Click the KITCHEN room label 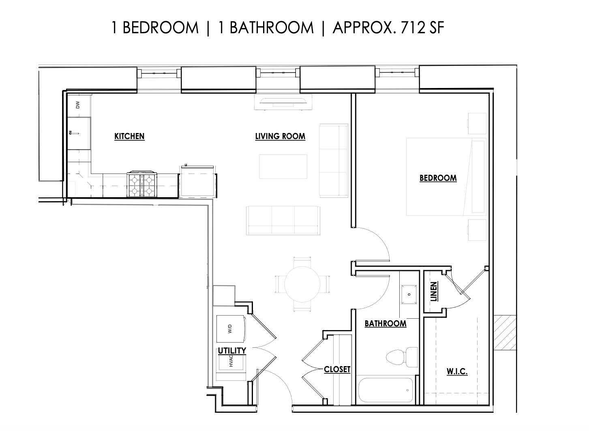click(129, 136)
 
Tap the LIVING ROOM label click(280, 136)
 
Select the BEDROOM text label click(438, 178)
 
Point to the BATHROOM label click(385, 324)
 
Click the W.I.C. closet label click(457, 371)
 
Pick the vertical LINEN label click(434, 292)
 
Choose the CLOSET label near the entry click(337, 369)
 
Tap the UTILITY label click(232, 350)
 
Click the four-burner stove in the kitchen click(142, 184)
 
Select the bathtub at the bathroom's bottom click(385, 390)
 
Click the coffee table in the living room click(283, 166)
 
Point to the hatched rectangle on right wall click(505, 332)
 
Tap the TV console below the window click(283, 103)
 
